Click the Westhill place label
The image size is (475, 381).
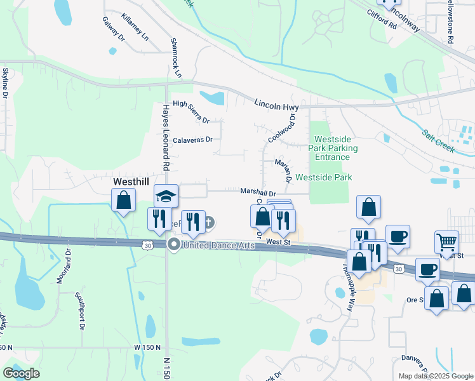coord(130,181)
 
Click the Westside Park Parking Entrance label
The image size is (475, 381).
coord(332,148)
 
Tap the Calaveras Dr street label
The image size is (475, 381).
coord(192,140)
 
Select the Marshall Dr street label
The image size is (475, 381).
coord(258,192)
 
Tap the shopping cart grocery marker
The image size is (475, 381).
coord(446,242)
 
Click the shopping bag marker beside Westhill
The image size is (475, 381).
coord(124,201)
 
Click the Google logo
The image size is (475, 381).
coord(21,373)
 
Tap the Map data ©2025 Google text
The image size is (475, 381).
coord(435,376)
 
